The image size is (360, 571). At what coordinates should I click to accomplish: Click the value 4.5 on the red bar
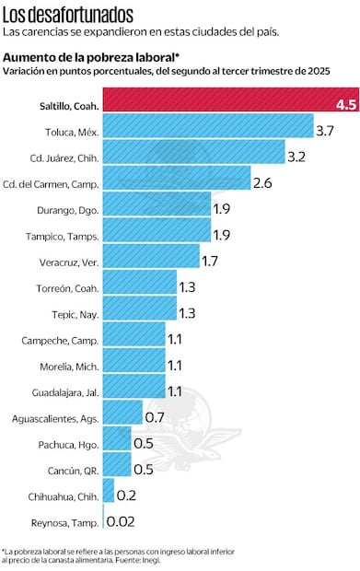(346, 106)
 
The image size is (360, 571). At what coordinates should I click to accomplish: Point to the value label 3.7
(324, 132)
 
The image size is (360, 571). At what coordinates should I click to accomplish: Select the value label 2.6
(262, 183)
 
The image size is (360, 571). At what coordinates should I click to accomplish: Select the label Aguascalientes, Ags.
(53, 419)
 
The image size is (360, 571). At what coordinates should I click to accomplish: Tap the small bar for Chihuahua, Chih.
(109, 495)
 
